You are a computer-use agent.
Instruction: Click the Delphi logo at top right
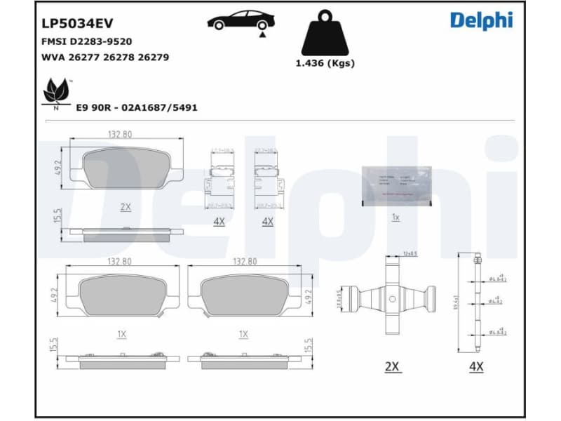[x=481, y=20]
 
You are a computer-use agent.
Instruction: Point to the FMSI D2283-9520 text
[x=87, y=41]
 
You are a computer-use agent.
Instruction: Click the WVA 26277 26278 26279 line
[x=105, y=57]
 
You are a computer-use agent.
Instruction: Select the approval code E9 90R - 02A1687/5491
[x=136, y=107]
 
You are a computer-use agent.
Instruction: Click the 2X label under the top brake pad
[x=126, y=206]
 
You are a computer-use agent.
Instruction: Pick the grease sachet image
[x=395, y=186]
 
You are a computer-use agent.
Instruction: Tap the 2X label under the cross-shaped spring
[x=392, y=366]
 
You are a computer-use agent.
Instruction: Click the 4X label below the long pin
[x=476, y=366]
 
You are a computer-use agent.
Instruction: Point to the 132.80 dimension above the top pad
[x=120, y=133]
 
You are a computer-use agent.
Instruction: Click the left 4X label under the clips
[x=219, y=221]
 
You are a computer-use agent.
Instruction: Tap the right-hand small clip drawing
[x=267, y=181]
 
